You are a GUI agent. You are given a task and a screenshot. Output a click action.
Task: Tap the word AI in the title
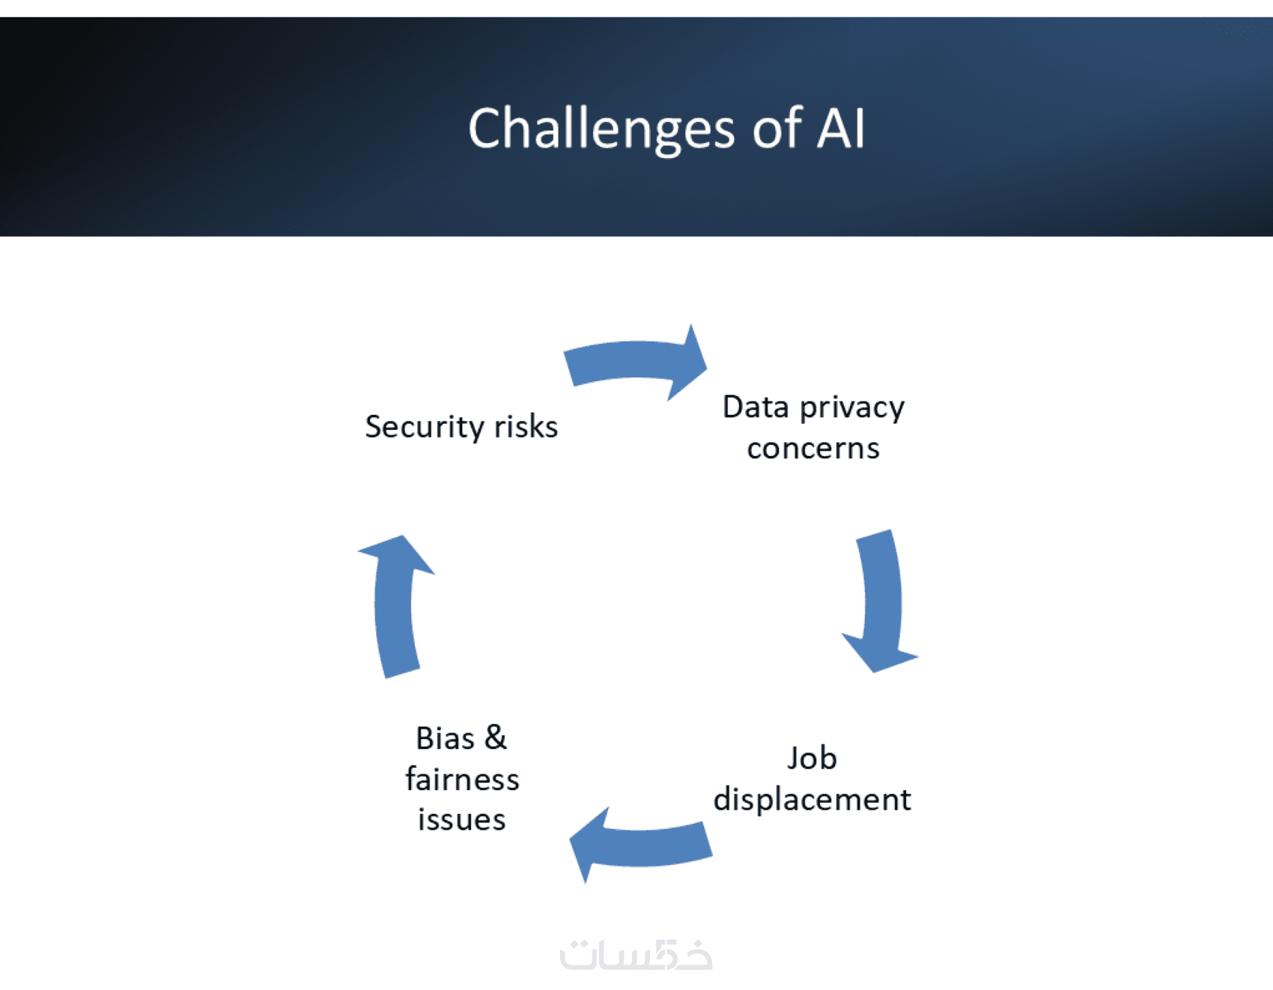coord(840,129)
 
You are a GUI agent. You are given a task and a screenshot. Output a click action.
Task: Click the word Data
coord(756,407)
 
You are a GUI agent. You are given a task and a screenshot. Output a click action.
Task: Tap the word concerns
coord(813,449)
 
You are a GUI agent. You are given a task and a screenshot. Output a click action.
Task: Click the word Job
coord(812,759)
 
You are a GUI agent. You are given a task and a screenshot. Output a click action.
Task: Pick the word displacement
coord(812,800)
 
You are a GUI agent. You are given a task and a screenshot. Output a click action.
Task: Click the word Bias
coord(446,738)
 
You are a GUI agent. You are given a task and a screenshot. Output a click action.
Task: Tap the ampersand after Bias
coord(495,738)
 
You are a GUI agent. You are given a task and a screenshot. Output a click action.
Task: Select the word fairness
coord(462,780)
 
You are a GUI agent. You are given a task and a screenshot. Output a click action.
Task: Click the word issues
coord(462,820)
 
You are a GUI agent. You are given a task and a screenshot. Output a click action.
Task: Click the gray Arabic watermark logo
coord(636,955)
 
